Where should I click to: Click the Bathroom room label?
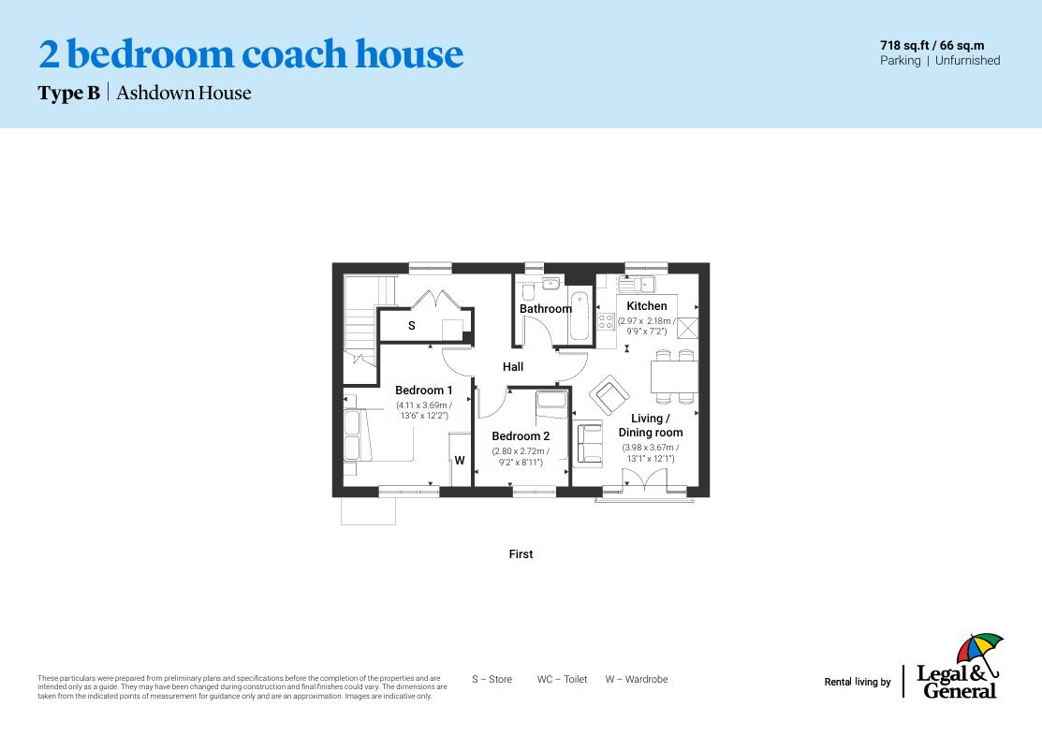[545, 309]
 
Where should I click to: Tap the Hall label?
[513, 367]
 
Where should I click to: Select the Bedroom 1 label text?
[423, 391]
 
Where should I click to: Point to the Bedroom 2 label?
[521, 436]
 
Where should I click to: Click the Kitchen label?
[647, 306]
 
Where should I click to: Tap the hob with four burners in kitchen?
[606, 321]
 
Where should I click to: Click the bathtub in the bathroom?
[580, 317]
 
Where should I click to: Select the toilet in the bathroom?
[528, 288]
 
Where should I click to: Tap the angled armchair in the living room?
[609, 395]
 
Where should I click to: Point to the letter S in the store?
[412, 326]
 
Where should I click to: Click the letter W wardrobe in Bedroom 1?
[460, 461]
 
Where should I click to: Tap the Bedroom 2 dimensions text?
[521, 457]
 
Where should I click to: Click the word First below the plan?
[521, 554]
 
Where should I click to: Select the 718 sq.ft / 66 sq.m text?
[932, 45]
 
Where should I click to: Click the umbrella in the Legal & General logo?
[978, 649]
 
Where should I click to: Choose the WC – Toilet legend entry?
[562, 680]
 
